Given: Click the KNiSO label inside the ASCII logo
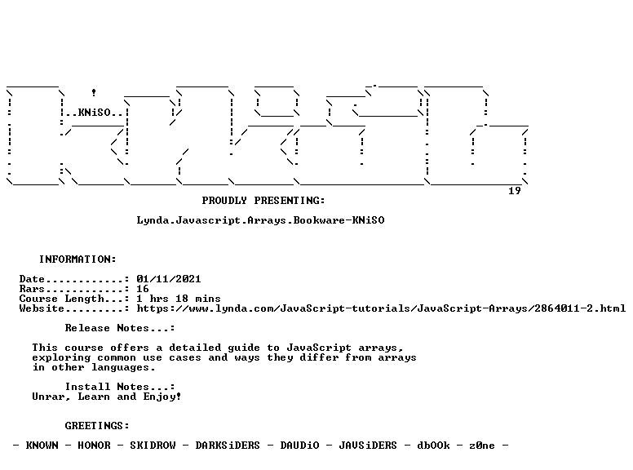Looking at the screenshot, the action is [94, 113].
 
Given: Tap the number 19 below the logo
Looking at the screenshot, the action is [514, 191].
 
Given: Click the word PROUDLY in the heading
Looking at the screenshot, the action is [224, 200].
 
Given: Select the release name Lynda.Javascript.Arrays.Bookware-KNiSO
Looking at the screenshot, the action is [260, 220].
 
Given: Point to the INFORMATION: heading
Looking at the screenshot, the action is [77, 259].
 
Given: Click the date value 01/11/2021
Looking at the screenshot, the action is [168, 278].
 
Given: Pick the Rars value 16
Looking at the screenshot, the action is [143, 289].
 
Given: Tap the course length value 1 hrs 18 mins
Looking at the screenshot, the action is [179, 299].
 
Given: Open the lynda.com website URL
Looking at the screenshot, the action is [381, 308].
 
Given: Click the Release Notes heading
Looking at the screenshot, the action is [120, 328].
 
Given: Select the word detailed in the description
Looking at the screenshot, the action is [195, 348].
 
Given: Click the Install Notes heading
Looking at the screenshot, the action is [120, 387].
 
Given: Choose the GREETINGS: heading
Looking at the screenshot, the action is [97, 426].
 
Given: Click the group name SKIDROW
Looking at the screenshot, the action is [153, 445].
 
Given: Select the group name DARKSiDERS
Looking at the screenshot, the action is [228, 445].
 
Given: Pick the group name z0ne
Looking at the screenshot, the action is [482, 446].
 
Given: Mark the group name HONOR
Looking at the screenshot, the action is [94, 445].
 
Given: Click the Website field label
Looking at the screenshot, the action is [42, 308].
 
